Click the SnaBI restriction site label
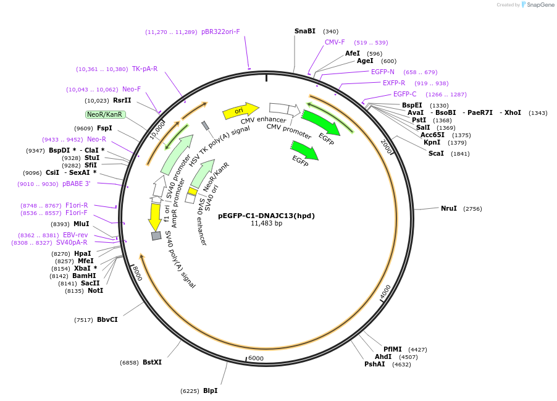pyautogui.click(x=304, y=31)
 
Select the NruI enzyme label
pyautogui.click(x=449, y=208)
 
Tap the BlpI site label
pyautogui.click(x=210, y=390)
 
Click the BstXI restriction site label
pyautogui.click(x=152, y=362)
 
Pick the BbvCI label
pyautogui.click(x=107, y=319)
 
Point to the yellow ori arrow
pyautogui.click(x=240, y=111)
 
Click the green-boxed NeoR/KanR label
pyautogui.click(x=105, y=114)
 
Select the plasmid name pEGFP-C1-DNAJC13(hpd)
pyautogui.click(x=266, y=216)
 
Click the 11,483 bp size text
pyautogui.click(x=266, y=223)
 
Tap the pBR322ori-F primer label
pyautogui.click(x=220, y=32)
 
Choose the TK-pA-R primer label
pyautogui.click(x=144, y=69)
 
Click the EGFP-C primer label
pyautogui.click(x=404, y=94)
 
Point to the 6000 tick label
pyautogui.click(x=256, y=358)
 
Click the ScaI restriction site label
pyautogui.click(x=436, y=153)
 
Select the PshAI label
pyautogui.click(x=374, y=364)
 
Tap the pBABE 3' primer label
pyautogui.click(x=76, y=184)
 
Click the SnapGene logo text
pyautogui.click(x=540, y=5)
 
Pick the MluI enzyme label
pyautogui.click(x=82, y=224)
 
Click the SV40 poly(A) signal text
pyautogui.click(x=180, y=260)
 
